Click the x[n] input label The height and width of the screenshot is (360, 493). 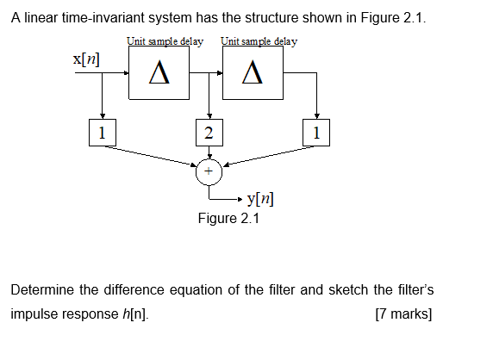pos(86,59)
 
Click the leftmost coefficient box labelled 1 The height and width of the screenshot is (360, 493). pos(102,133)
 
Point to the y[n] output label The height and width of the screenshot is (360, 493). pos(261,200)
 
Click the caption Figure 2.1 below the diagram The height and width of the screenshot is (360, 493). pos(228,218)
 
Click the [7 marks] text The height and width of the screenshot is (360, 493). pos(404,313)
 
